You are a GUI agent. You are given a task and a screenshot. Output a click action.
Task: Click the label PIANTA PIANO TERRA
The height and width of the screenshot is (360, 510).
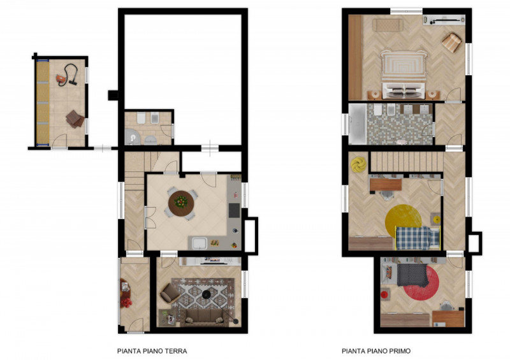click(152, 351)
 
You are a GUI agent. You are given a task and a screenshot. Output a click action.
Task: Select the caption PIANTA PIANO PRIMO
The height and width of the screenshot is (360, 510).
click(376, 351)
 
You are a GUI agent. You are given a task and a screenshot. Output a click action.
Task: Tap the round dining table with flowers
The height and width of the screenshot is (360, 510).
click(181, 203)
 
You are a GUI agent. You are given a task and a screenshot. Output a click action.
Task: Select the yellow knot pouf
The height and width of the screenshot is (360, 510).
click(358, 164)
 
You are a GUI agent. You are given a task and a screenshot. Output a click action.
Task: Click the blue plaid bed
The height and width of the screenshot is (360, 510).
click(418, 238)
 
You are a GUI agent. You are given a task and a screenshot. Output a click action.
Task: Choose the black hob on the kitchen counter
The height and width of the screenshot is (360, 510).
click(234, 210)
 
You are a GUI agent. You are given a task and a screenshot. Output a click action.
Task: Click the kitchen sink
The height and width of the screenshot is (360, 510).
click(200, 243)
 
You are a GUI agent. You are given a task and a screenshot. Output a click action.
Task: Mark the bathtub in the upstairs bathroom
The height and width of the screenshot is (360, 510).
click(358, 124)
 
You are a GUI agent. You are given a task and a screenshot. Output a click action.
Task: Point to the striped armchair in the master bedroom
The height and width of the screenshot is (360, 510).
click(452, 43)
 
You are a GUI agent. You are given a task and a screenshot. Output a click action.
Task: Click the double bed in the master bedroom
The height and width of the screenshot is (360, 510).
click(404, 75)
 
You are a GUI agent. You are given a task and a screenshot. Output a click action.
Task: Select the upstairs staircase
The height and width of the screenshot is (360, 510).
click(407, 162)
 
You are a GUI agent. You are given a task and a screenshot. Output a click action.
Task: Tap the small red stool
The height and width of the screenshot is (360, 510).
click(385, 295)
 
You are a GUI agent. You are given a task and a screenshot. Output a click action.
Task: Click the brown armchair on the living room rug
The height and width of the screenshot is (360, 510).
click(170, 293)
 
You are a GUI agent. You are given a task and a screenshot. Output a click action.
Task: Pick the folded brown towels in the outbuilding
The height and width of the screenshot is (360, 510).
click(75, 119)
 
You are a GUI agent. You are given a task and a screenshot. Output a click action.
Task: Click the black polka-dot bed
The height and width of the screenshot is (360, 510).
click(412, 275)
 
